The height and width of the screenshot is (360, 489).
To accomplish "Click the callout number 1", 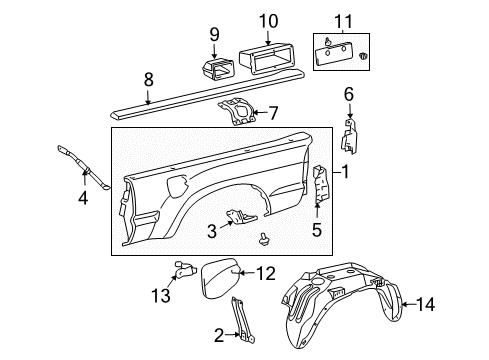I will point(347,172).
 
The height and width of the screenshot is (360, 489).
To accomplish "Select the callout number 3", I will point(211,231).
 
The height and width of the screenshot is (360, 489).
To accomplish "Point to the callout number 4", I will point(83,198).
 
